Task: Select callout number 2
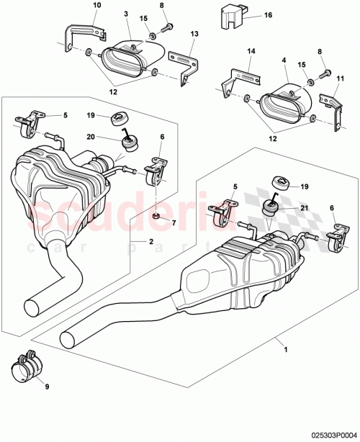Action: (x=151, y=243)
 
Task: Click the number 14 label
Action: (x=251, y=52)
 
